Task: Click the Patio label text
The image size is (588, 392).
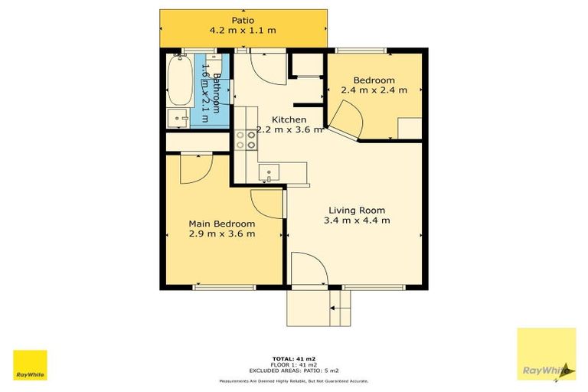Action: click(243, 20)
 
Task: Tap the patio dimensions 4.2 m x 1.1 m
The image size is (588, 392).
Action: click(243, 31)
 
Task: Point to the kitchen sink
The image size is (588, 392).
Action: click(269, 172)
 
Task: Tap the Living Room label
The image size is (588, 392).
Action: click(356, 210)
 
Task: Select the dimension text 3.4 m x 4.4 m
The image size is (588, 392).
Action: click(356, 220)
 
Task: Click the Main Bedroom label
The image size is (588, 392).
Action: click(222, 224)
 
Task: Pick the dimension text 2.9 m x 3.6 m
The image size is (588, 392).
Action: click(222, 234)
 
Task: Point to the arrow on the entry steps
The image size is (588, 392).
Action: click(333, 308)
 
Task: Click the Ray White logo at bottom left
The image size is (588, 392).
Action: click(30, 365)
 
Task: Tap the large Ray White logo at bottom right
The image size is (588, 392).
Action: click(546, 354)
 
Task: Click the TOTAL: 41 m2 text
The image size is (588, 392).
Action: click(294, 358)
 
